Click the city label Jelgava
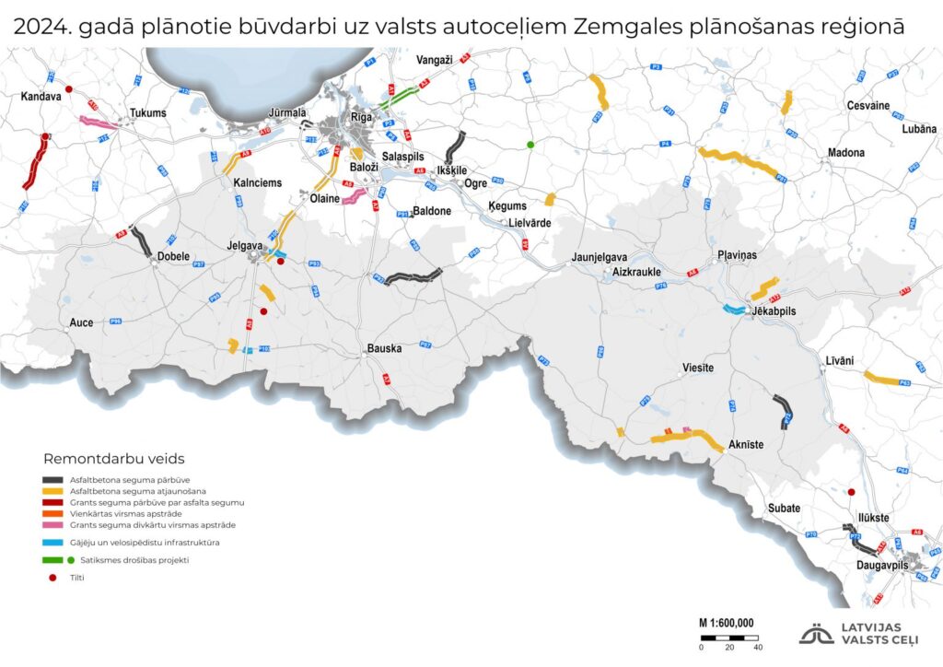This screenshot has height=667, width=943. point(245,246)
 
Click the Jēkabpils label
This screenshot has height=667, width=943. point(774,311)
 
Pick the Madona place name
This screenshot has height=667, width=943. point(846,152)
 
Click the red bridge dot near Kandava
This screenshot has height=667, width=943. point(68,89)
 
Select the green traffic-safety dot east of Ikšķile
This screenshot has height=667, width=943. point(530,145)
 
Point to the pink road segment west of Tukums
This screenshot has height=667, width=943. point(96,122)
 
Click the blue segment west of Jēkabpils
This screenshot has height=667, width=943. point(735,310)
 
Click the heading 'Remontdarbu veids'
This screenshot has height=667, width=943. point(114,458)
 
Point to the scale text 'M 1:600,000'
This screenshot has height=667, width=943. point(725,622)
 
